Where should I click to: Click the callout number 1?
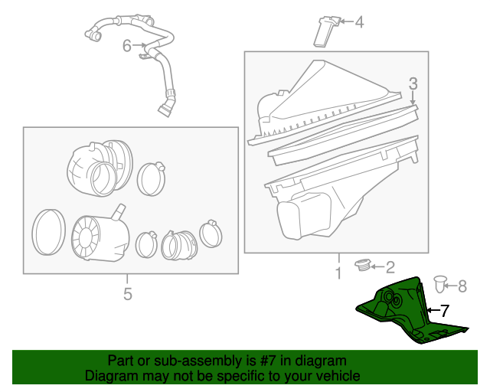pos(338,272)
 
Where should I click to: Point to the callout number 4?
pos(359,22)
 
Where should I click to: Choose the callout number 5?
pos(128,294)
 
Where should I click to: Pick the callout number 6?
pos(127,46)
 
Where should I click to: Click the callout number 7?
pos(445,311)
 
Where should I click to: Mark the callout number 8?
pos(462,286)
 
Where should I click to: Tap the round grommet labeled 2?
pos(363,265)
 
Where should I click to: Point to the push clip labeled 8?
pos(440,283)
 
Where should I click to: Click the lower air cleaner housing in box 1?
pos(329,199)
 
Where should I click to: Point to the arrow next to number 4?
pos(344,22)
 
